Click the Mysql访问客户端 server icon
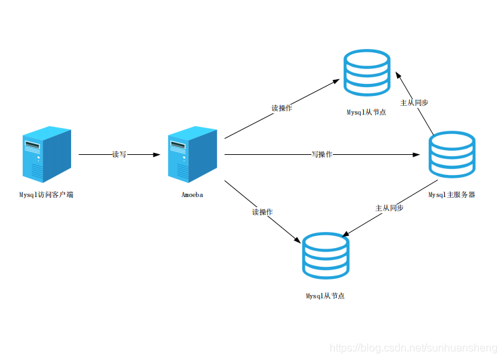pyautogui.click(x=47, y=154)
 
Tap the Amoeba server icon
pyautogui.click(x=192, y=154)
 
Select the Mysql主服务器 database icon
pyautogui.click(x=452, y=154)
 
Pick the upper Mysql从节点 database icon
pyautogui.click(x=367, y=72)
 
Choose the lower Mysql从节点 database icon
pyautogui.click(x=326, y=255)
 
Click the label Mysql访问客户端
pyautogui.click(x=46, y=194)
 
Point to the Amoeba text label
pyautogui.click(x=192, y=194)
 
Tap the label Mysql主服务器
pyautogui.click(x=451, y=194)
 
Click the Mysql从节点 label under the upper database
pyautogui.click(x=366, y=112)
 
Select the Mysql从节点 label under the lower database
pyautogui.click(x=326, y=296)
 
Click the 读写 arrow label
pyautogui.click(x=119, y=154)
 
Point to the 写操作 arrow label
pyautogui.click(x=321, y=154)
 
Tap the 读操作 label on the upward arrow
pyautogui.click(x=282, y=108)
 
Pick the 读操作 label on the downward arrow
pyautogui.click(x=262, y=212)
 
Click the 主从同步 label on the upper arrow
pyautogui.click(x=414, y=103)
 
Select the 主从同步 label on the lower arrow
pyautogui.click(x=389, y=208)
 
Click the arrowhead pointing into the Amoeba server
pyautogui.click(x=157, y=154)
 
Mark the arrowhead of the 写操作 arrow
pyautogui.click(x=416, y=154)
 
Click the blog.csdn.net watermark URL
pyautogui.click(x=413, y=348)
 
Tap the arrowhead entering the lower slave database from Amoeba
pyautogui.click(x=297, y=240)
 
